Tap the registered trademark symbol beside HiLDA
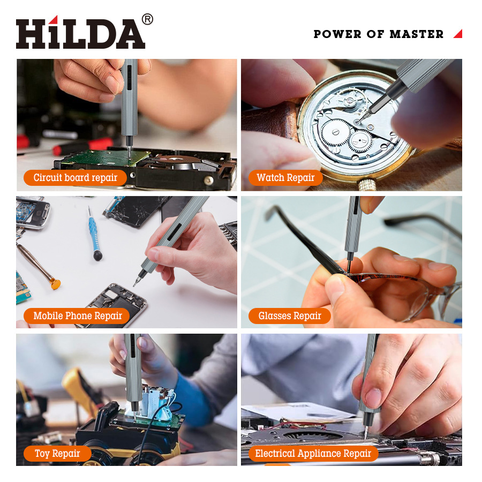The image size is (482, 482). point(147,19)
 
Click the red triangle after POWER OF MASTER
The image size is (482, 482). point(458,34)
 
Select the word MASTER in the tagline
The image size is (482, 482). point(417,34)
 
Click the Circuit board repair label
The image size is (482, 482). point(75,178)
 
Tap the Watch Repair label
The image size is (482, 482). point(285,178)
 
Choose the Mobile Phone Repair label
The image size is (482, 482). point(78,316)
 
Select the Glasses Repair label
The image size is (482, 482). point(290,316)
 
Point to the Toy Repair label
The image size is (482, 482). point(57,454)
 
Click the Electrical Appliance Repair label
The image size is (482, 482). point(313,454)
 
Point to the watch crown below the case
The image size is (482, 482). point(366,185)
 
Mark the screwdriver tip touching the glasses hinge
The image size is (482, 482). point(350,270)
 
